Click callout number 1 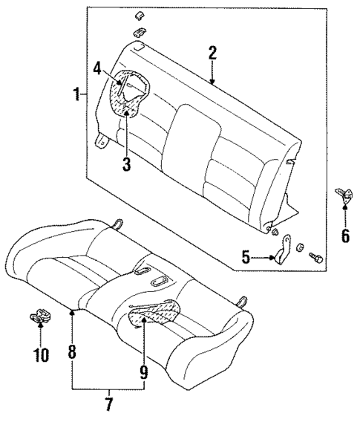pyautogui.click(x=76, y=95)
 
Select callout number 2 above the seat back pyautogui.click(x=212, y=53)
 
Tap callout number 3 pyautogui.click(x=126, y=165)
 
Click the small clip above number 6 pyautogui.click(x=344, y=196)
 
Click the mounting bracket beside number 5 pyautogui.click(x=283, y=252)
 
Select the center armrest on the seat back pyautogui.click(x=192, y=131)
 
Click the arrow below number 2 pyautogui.click(x=213, y=74)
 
